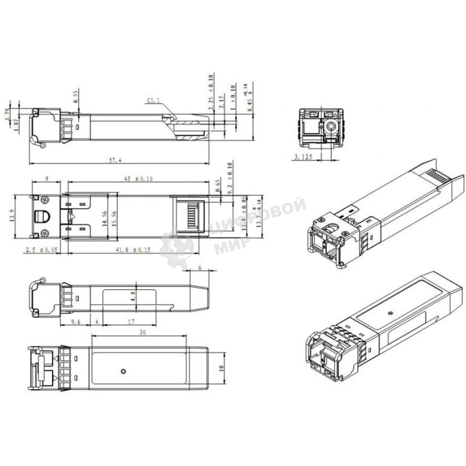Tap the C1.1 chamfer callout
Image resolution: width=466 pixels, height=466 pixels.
tap(153, 100)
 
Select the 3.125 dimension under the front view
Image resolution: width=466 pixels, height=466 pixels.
tap(303, 157)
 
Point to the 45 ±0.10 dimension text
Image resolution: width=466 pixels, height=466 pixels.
tap(139, 179)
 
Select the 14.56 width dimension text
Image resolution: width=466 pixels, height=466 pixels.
tap(105, 218)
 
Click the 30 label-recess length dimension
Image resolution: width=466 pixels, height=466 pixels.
tap(142, 332)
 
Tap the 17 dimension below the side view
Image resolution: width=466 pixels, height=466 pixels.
tap(131, 322)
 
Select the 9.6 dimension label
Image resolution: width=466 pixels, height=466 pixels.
tap(75, 322)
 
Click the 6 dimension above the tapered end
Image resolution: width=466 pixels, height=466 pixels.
tap(200, 268)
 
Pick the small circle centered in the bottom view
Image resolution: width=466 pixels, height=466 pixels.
tap(124, 371)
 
